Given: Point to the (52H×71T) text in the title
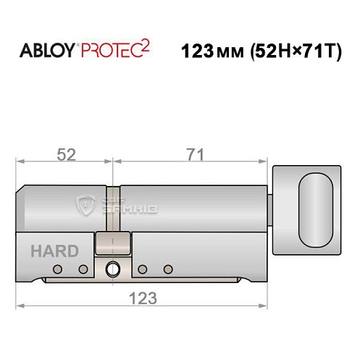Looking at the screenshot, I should [x=293, y=52].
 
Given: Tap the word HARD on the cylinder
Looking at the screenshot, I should [x=55, y=252].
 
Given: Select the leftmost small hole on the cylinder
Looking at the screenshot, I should [x=58, y=269].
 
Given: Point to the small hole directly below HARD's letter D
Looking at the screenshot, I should [x=83, y=269].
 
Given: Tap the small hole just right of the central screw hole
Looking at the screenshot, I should [x=142, y=269].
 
